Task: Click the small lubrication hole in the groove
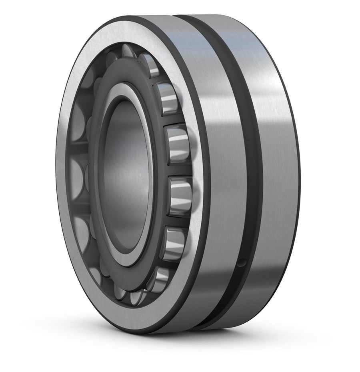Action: tap(241, 263)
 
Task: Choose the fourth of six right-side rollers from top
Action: tap(180, 196)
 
